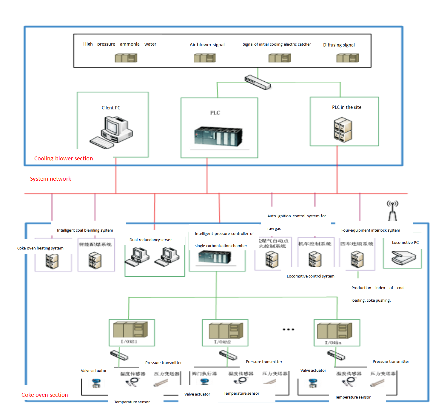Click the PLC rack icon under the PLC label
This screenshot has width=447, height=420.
[218, 137]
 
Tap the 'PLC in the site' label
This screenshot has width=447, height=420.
[346, 107]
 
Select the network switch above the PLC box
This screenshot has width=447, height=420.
[258, 82]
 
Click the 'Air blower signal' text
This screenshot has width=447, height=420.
[207, 45]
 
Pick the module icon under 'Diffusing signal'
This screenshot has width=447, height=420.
[348, 58]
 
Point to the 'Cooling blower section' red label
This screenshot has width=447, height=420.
[64, 159]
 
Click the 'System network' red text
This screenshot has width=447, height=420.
[50, 179]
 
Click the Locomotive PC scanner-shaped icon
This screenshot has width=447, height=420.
[403, 258]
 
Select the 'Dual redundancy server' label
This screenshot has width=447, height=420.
[150, 240]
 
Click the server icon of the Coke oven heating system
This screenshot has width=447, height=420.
[52, 261]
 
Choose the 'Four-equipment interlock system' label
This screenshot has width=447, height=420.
[371, 230]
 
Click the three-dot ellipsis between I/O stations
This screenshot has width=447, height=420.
[288, 329]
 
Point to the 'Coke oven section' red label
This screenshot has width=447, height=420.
[45, 395]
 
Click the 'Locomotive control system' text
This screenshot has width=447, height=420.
[310, 276]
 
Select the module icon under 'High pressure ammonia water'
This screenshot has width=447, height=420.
[126, 58]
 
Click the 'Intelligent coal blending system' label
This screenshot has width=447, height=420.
[85, 230]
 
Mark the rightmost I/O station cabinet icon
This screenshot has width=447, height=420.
[335, 331]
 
